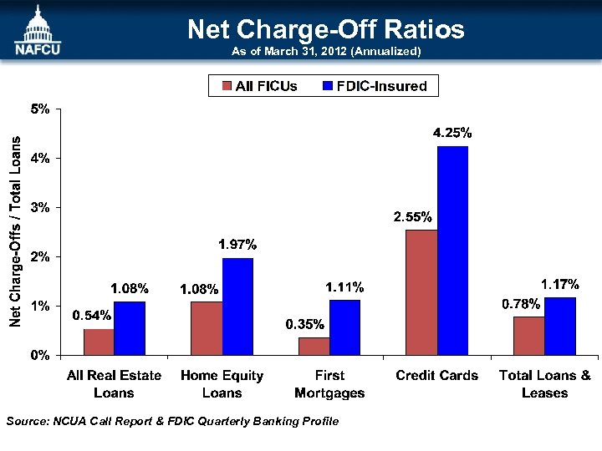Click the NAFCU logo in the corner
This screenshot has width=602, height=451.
pos(37,31)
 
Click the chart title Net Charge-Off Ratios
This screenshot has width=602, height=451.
pos(325,30)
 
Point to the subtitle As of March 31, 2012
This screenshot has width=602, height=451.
pos(325,52)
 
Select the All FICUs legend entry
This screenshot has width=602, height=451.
pos(259,86)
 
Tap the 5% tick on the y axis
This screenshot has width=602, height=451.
pos(40,109)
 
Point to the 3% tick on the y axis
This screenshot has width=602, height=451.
pos(40,207)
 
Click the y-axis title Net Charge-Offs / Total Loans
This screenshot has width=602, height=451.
pos(16,221)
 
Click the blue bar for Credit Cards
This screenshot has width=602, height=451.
pos(452,251)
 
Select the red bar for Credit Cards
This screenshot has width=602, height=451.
pos(421,292)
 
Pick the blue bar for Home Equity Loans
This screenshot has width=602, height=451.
pos(237,307)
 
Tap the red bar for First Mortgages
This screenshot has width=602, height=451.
pos(314,346)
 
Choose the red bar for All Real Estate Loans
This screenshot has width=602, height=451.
pos(99,342)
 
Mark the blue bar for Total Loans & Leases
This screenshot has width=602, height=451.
pos(559,326)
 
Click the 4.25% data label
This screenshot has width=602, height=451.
pos(452,133)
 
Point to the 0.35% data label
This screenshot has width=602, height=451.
pos(305,324)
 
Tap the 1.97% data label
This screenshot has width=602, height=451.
pos(237,245)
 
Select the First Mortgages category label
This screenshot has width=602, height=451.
pos(329,384)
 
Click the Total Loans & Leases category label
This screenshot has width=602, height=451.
pos(544,384)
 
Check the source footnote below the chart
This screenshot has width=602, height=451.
pos(172,421)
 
